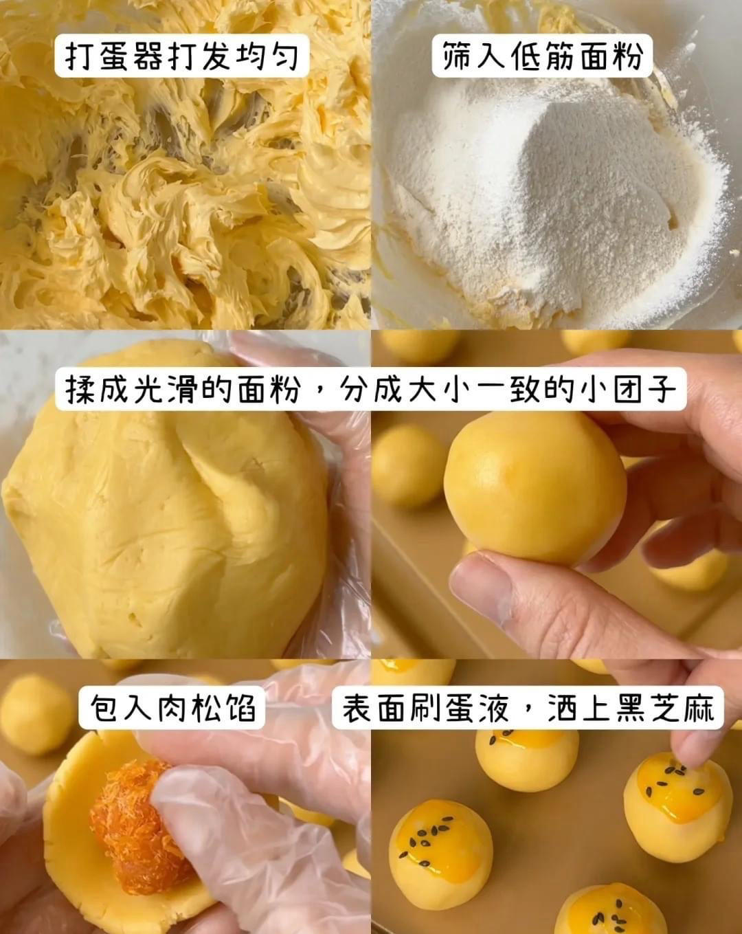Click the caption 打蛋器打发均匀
pos(182,56)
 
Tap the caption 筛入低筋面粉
pos(542,56)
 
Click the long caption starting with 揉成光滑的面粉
pos(371,390)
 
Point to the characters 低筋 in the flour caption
pos(542,56)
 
